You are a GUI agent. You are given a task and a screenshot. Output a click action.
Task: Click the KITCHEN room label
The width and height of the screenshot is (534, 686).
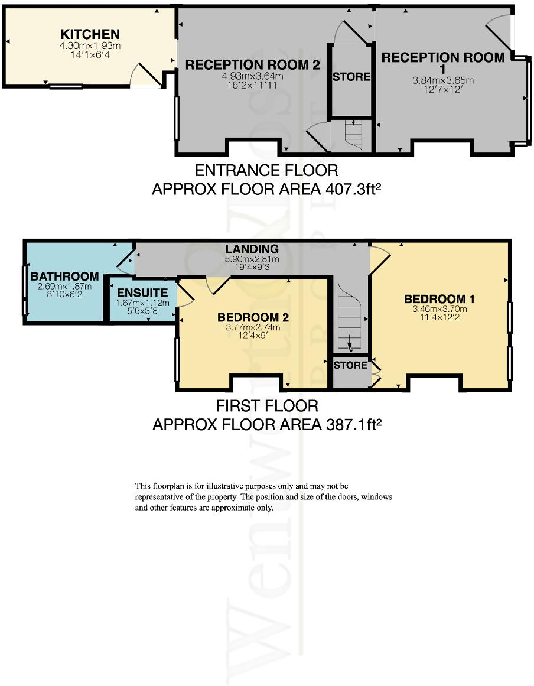[90, 34]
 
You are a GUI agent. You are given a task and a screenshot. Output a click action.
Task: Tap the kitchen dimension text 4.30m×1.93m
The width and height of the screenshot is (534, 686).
[90, 45]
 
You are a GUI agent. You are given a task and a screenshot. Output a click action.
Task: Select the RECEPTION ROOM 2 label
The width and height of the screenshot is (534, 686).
[252, 65]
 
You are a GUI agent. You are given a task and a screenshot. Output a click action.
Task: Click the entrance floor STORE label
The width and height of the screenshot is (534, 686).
[351, 77]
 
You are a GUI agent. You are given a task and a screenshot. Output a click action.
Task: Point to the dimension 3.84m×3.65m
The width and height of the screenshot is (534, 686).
[443, 80]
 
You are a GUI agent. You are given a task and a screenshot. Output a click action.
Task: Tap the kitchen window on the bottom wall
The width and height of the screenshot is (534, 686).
[65, 86]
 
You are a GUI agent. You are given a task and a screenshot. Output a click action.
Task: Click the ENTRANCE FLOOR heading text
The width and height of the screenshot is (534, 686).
[266, 171]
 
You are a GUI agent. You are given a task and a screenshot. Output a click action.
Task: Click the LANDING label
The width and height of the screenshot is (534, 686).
[252, 249]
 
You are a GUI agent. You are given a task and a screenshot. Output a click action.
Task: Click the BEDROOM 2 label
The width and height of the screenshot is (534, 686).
[252, 318]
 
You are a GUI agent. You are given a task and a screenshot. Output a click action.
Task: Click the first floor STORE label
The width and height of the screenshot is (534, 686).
[350, 365]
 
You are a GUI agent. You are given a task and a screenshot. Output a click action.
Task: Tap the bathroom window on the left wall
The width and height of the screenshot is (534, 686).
[24, 290]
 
